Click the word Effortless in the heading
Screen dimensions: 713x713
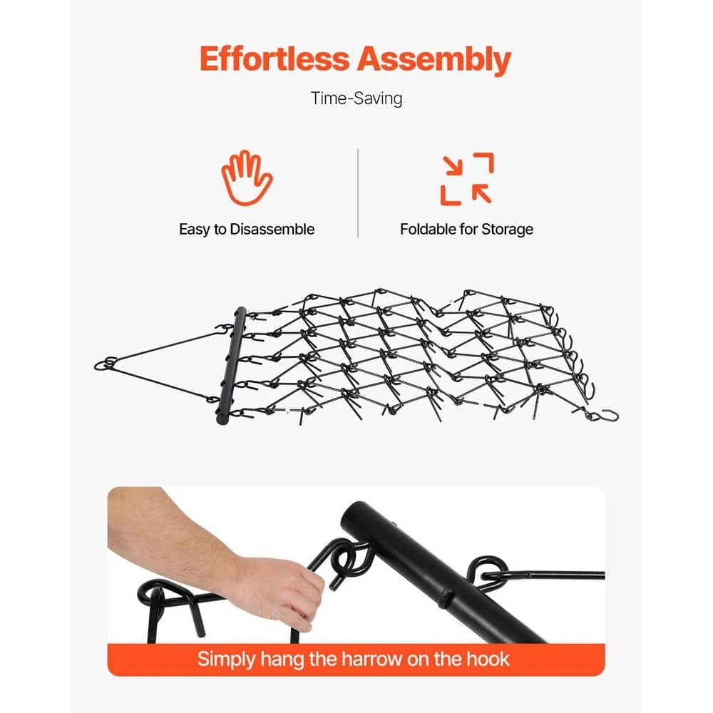click(275, 59)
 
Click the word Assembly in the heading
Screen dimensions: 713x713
click(434, 61)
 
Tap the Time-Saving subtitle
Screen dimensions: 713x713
click(356, 98)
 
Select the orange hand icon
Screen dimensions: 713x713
click(247, 178)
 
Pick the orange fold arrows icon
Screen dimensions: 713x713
click(466, 179)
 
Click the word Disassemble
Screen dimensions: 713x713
click(272, 229)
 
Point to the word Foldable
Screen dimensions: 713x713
click(427, 229)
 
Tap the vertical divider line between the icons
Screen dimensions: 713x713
click(358, 193)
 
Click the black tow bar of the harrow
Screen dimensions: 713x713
click(233, 366)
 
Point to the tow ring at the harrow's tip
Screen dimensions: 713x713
click(106, 364)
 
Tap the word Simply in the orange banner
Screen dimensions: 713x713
click(226, 660)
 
